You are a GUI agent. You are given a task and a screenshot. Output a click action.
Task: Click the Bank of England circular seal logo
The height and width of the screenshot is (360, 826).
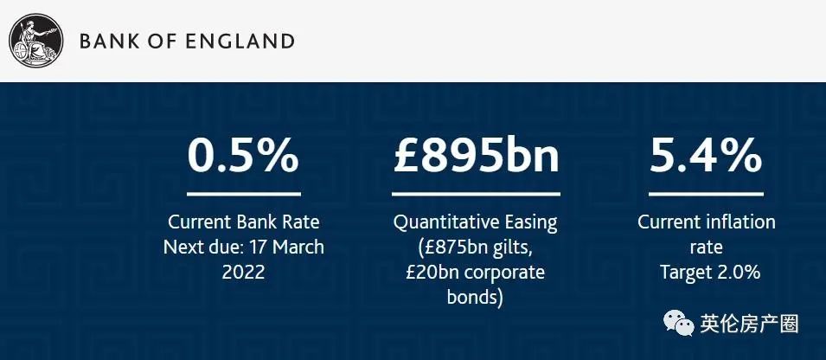click(x=35, y=41)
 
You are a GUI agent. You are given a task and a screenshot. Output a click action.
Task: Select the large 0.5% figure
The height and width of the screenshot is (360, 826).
click(x=243, y=156)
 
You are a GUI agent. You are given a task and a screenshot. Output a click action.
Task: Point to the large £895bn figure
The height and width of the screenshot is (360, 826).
click(x=476, y=156)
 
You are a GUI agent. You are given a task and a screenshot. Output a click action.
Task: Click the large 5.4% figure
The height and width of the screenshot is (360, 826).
click(x=706, y=156)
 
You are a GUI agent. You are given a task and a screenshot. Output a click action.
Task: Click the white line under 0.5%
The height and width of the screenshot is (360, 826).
click(x=243, y=194)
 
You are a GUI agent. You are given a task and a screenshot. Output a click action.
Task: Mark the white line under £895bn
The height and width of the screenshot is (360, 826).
click(x=476, y=194)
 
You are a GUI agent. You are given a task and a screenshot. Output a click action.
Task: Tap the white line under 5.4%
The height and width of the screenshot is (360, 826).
click(x=706, y=194)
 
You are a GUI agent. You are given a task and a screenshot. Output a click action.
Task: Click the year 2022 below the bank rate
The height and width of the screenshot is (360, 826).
click(x=243, y=272)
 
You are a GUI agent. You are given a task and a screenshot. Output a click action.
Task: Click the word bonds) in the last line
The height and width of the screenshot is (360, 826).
click(x=475, y=298)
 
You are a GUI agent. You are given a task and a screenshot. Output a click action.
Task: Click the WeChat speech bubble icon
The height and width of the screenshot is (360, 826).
click(x=678, y=323)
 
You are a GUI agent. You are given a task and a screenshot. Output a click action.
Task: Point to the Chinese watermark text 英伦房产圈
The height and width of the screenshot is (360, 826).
click(x=749, y=324)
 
